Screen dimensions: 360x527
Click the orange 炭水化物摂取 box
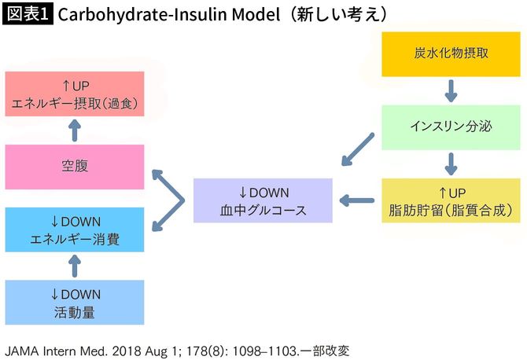click(451, 54)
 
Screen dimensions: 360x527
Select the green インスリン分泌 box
click(451, 127)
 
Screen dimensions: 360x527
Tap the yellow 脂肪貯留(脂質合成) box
click(451, 200)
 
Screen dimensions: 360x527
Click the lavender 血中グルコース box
click(263, 200)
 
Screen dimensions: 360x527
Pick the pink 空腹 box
click(75, 166)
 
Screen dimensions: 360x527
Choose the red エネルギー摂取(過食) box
click(75, 94)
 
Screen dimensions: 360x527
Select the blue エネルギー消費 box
click(75, 230)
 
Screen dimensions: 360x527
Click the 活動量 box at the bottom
click(75, 302)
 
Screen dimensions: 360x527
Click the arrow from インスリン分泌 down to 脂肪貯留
click(451, 163)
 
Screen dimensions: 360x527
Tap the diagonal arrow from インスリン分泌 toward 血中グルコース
click(358, 150)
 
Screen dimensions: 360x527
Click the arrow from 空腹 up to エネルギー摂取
click(75, 130)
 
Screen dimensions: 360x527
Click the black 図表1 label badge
click(28, 15)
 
